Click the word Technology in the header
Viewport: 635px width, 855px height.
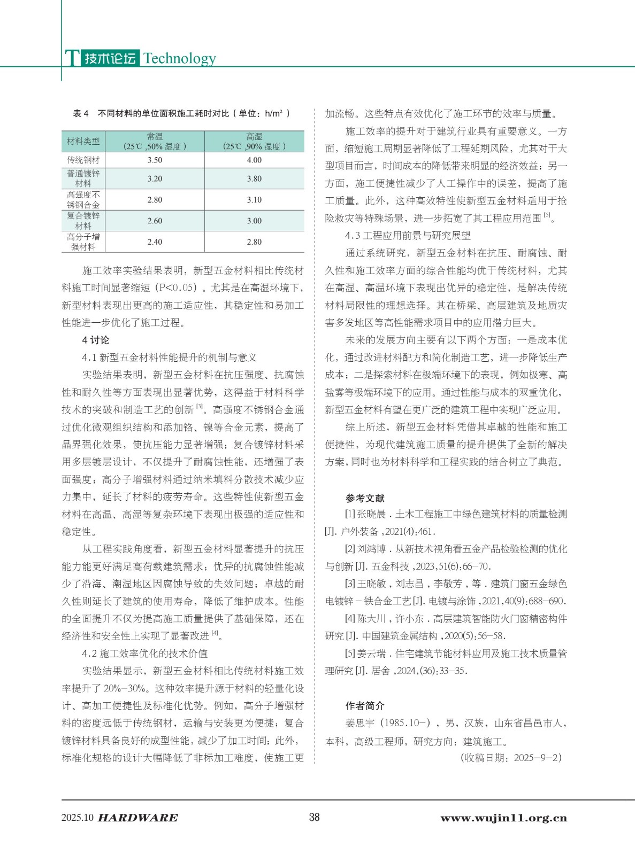coord(180,58)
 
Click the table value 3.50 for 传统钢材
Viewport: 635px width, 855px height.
coord(155,160)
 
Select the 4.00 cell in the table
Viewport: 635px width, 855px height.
coord(254,160)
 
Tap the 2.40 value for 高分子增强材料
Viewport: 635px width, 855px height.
coord(155,242)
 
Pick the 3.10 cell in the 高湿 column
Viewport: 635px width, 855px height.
coord(254,199)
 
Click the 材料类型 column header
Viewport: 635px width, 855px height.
coord(83,141)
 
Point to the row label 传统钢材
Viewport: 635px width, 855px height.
coord(83,160)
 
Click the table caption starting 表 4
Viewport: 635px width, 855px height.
coord(182,113)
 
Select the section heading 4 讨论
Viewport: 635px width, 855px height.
coord(96,340)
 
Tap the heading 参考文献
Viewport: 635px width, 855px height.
coord(365,498)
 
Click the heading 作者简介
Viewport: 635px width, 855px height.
coord(365,705)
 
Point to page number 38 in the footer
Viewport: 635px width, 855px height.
coord(315,817)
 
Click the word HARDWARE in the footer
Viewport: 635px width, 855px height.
coord(138,818)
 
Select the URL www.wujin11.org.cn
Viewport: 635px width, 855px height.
coord(503,818)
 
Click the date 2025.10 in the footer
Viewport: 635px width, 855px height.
coord(78,818)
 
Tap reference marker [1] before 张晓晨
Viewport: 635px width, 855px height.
coord(350,514)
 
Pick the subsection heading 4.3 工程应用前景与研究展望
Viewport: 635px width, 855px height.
coord(408,236)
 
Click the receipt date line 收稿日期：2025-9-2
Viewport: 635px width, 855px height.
coord(511,758)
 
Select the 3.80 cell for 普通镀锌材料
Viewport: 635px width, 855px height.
coord(254,178)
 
